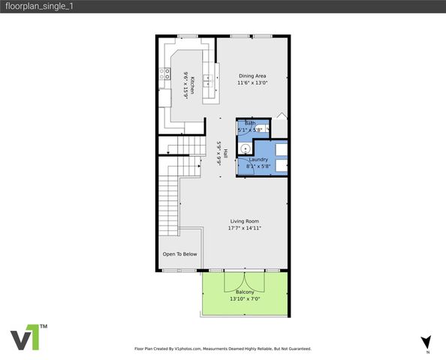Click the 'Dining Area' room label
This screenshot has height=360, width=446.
point(252,76)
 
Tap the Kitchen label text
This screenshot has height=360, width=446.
point(192,85)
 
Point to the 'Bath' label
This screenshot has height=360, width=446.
point(250,123)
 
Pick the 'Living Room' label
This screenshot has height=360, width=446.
point(245,221)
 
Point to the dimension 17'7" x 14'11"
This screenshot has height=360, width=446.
point(245,228)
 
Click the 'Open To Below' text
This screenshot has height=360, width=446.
point(180,254)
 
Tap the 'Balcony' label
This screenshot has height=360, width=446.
point(245,292)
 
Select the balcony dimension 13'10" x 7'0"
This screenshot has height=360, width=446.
point(245,299)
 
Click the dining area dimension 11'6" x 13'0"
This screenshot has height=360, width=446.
point(252,83)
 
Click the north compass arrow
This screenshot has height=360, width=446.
point(426,340)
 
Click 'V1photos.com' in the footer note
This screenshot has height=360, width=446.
point(191,349)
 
